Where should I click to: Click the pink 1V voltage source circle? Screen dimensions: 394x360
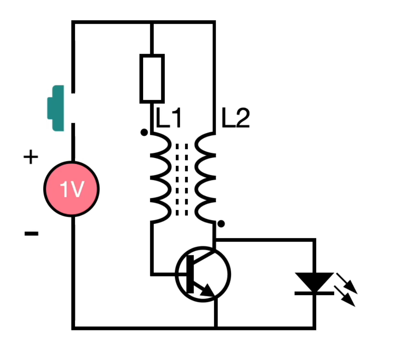72,189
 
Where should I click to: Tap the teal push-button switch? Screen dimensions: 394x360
56,108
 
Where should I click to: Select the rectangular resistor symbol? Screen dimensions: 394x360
152,79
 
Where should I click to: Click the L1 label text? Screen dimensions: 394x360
168,118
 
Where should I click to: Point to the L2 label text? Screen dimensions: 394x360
236,118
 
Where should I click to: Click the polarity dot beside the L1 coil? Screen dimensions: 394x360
144,132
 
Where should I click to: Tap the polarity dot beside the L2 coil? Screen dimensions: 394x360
221,224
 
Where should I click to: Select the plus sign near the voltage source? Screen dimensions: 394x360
31,157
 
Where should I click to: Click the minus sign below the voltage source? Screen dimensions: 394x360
32,233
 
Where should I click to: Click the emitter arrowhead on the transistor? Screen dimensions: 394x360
208,291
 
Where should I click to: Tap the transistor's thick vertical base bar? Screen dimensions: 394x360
190,274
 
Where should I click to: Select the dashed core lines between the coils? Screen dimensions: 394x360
182,180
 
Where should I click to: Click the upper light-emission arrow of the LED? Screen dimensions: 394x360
347,283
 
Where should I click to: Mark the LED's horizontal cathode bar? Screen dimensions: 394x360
314,293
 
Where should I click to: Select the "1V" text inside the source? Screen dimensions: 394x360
72,189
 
